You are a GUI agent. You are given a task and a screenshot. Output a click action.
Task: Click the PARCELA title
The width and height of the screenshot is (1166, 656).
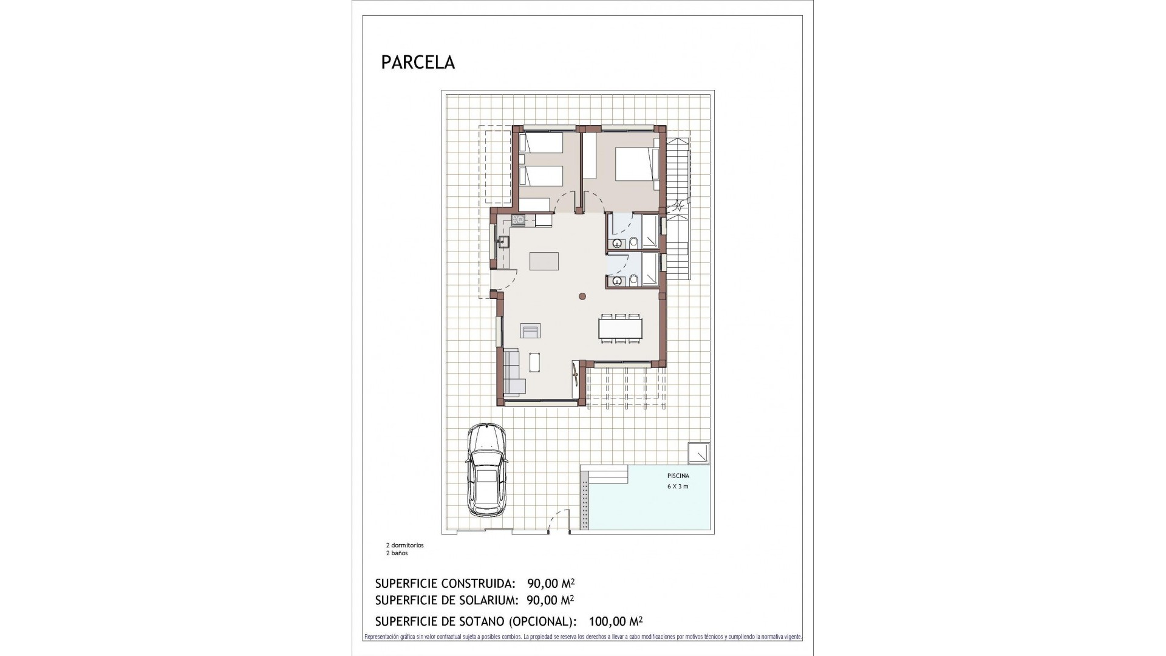pos(418,63)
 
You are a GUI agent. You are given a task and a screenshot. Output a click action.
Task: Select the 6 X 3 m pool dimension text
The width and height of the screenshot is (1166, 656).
pos(678,487)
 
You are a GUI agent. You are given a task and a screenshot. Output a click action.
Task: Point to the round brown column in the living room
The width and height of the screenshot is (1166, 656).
pos(582,296)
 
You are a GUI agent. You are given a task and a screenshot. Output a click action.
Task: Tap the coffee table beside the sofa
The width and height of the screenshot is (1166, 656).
pos(535,362)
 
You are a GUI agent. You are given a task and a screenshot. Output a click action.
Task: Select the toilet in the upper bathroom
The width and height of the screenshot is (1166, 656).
pos(633,243)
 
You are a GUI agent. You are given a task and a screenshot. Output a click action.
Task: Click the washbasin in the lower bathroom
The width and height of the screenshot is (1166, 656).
pos(617,281)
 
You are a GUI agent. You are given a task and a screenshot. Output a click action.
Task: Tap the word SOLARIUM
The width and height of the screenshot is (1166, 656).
pos(488,601)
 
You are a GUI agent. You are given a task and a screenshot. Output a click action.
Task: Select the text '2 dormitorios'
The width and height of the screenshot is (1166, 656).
pos(404,545)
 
